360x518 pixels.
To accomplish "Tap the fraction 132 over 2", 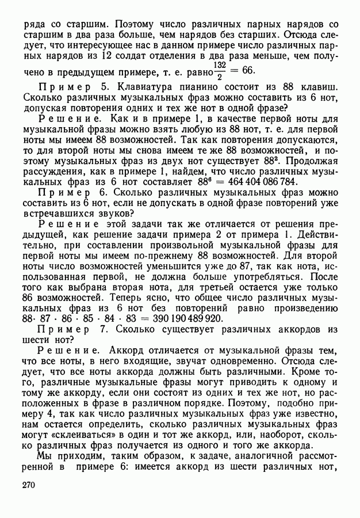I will coord(219,70).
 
